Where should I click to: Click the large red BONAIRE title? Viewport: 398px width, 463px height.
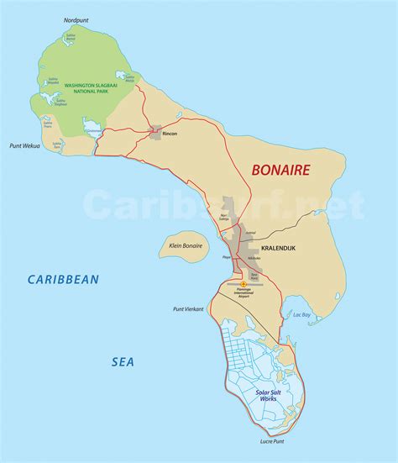click(281, 171)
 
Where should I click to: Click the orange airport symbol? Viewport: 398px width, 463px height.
click(244, 284)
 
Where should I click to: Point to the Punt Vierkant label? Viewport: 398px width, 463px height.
click(190, 309)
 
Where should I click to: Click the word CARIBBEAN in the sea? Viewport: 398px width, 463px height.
click(62, 279)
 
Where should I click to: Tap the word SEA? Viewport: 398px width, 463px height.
click(123, 361)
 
